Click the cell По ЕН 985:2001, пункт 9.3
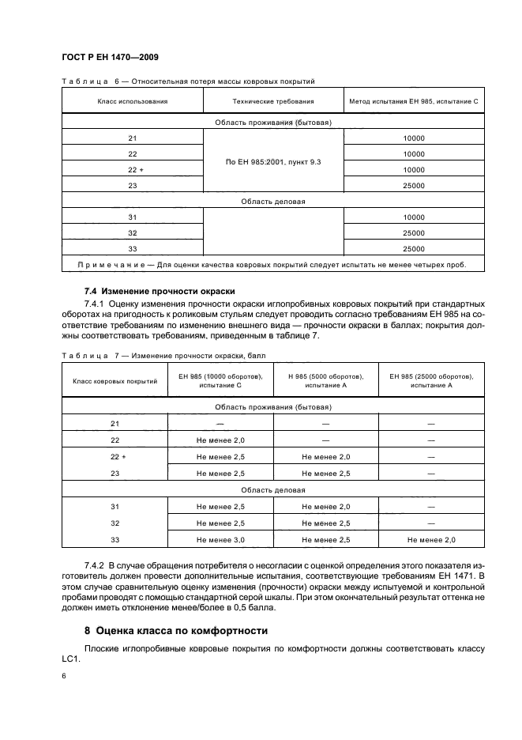click(273, 161)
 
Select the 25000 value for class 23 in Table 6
click(414, 185)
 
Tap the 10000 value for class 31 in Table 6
click(414, 217)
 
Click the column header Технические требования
click(273, 101)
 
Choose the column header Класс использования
click(132, 101)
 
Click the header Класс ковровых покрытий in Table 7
click(115, 380)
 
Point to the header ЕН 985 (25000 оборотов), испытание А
click(431, 380)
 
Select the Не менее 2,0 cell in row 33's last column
click(431, 539)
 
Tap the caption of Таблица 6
click(188, 81)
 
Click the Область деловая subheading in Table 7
click(273, 489)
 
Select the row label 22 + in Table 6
click(132, 169)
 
